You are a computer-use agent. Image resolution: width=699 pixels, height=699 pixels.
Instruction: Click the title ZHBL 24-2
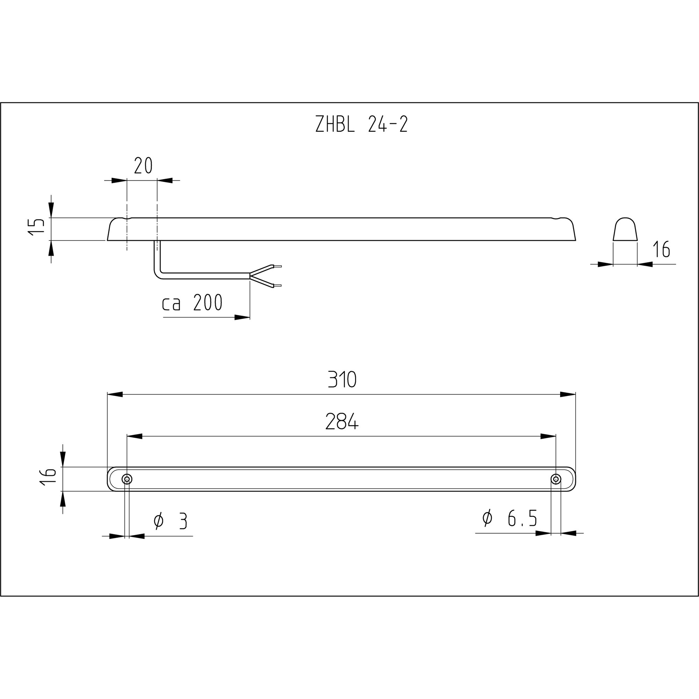(x=361, y=124)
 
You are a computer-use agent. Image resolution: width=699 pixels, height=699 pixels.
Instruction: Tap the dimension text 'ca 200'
(x=192, y=303)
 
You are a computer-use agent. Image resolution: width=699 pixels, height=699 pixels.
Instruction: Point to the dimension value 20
(x=143, y=166)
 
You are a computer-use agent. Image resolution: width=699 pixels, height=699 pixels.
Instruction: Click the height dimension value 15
(x=37, y=227)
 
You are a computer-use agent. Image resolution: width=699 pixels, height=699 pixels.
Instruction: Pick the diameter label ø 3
(x=171, y=521)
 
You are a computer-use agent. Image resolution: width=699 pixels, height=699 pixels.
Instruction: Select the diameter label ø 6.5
(x=510, y=518)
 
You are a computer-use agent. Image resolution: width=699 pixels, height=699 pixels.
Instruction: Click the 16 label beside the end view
(x=661, y=249)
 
